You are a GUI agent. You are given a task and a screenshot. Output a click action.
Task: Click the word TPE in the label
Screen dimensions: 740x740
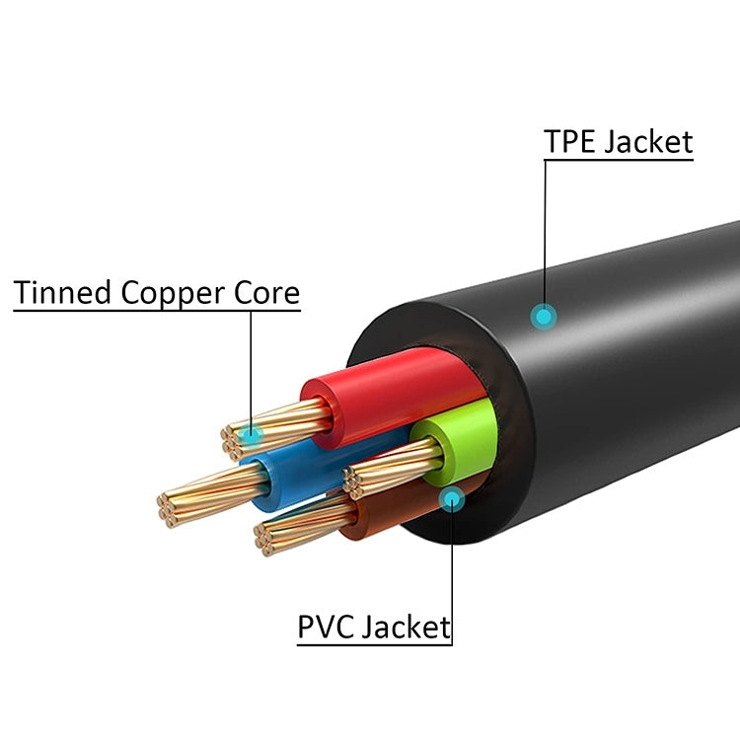(x=570, y=141)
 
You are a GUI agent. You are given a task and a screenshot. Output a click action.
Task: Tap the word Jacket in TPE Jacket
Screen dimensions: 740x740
(x=647, y=141)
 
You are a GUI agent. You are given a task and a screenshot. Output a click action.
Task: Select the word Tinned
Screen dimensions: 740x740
(x=63, y=293)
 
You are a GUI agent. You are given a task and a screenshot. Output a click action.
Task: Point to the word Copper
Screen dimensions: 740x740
(x=172, y=293)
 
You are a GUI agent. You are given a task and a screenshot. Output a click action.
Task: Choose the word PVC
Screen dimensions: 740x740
(x=327, y=627)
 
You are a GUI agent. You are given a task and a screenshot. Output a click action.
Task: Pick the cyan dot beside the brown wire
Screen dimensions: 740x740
(x=452, y=498)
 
